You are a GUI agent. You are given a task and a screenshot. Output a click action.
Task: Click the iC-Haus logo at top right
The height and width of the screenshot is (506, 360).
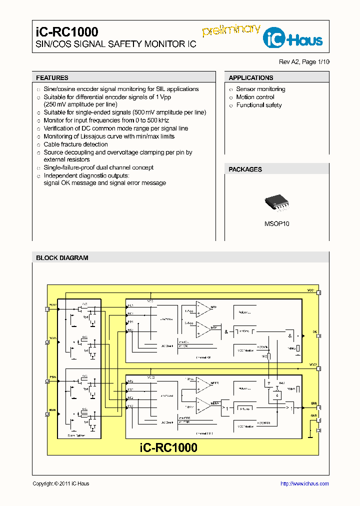click(295, 37)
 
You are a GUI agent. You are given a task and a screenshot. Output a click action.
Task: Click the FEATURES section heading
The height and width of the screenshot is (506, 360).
click(52, 78)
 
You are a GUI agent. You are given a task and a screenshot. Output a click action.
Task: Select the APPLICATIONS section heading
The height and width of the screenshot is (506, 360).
click(250, 78)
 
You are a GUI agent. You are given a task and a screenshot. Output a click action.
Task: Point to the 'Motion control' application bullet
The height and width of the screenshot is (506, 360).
click(255, 97)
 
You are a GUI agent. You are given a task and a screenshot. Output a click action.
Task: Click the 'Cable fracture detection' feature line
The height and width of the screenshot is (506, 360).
click(75, 144)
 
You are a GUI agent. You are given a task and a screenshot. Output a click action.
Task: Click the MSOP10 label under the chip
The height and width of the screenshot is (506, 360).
click(276, 224)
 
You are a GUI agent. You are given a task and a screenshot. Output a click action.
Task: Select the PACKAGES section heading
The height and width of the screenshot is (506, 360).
click(245, 169)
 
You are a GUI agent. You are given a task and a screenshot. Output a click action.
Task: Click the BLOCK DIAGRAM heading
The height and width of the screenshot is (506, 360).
click(62, 258)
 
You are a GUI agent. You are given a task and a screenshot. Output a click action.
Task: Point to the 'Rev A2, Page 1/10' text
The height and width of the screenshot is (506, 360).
click(304, 62)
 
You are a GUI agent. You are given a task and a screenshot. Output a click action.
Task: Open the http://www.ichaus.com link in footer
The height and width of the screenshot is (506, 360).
click(304, 483)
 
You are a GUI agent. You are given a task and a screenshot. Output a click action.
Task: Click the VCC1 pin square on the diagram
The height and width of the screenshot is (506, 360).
click(319, 292)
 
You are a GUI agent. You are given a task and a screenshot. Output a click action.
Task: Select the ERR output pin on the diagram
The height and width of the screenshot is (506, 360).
click(318, 407)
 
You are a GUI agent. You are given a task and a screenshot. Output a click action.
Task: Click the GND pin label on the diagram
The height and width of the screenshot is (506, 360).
click(314, 415)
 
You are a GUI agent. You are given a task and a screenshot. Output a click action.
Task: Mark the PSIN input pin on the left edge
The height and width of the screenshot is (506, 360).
click(47, 381)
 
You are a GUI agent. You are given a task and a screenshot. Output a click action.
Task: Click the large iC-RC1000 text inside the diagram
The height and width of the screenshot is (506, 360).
click(168, 447)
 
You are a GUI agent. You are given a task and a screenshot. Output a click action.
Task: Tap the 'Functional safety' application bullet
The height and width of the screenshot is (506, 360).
click(258, 105)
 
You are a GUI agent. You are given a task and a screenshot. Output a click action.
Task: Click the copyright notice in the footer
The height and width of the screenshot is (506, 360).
click(60, 483)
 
